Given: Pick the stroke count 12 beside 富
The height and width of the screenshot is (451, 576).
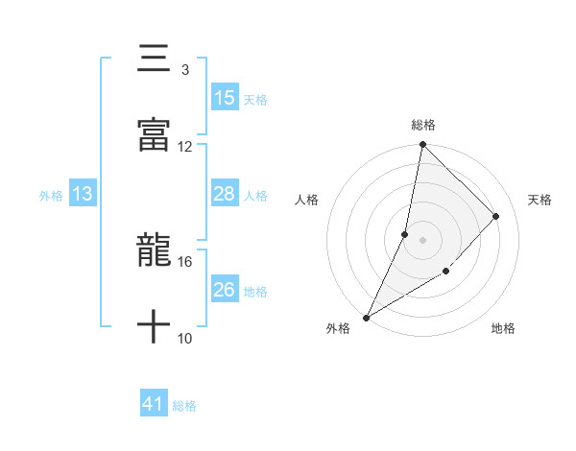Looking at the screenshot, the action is pyautogui.click(x=185, y=146).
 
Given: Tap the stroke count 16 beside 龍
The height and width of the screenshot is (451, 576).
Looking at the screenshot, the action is pyautogui.click(x=185, y=261).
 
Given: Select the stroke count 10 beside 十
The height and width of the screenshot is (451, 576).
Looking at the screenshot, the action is pyautogui.click(x=185, y=338).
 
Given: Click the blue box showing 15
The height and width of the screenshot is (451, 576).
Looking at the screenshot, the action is pyautogui.click(x=224, y=98).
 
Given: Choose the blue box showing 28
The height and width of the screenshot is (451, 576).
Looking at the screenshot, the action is pyautogui.click(x=224, y=194).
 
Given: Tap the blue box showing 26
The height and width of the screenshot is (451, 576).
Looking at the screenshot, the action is pyautogui.click(x=224, y=290).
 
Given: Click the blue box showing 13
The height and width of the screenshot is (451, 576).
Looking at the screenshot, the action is pyautogui.click(x=83, y=194).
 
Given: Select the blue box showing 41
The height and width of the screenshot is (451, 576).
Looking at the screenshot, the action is pyautogui.click(x=154, y=405).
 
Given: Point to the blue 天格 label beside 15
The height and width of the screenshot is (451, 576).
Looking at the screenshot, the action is pyautogui.click(x=255, y=99).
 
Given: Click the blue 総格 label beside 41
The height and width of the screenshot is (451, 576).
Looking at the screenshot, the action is pyautogui.click(x=184, y=406).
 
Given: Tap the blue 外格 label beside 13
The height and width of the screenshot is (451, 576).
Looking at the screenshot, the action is pyautogui.click(x=51, y=195).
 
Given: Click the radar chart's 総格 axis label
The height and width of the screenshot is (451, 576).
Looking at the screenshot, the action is pyautogui.click(x=423, y=125).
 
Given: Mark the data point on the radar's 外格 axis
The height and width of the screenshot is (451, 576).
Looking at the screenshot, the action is pyautogui.click(x=366, y=317).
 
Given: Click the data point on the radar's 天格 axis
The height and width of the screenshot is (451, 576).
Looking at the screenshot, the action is pyautogui.click(x=496, y=216).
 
